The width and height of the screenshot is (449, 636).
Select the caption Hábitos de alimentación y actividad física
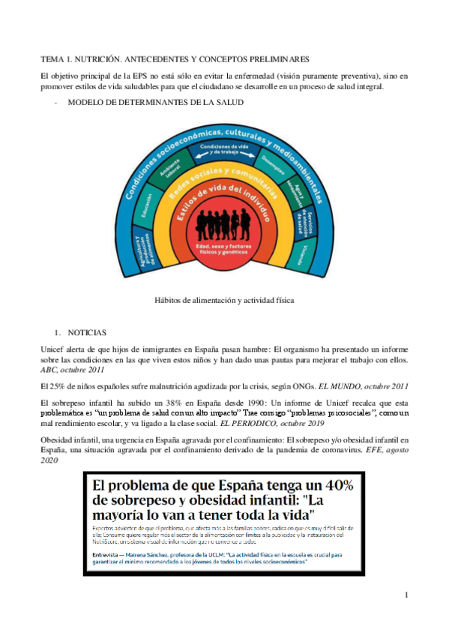pos(224,299)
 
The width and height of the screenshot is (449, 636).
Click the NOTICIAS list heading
pos(87,331)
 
